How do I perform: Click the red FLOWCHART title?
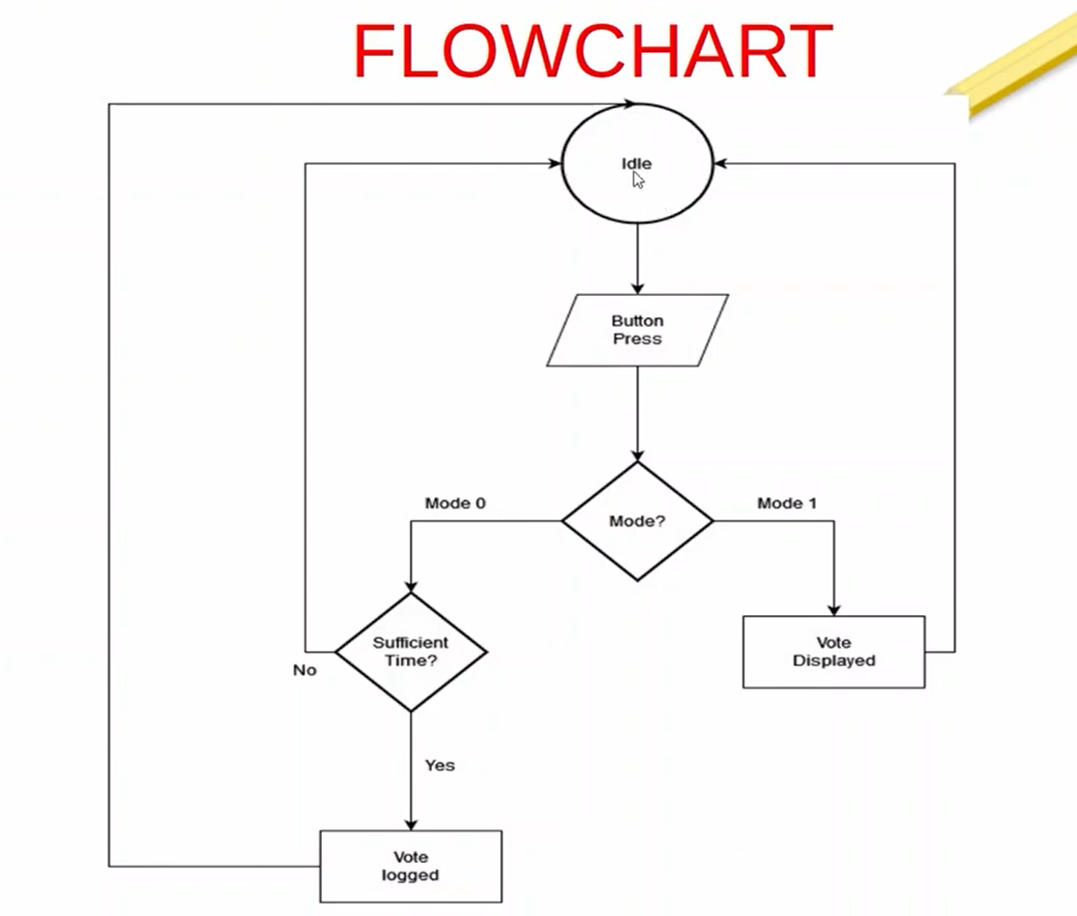coord(592,51)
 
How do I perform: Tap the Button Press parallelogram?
coord(637,331)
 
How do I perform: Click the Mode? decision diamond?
coord(637,522)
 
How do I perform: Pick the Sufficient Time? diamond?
coord(411,652)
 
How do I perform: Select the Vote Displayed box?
coord(833,652)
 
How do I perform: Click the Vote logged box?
coord(411,866)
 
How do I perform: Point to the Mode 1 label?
coord(787,503)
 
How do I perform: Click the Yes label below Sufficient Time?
coord(440,765)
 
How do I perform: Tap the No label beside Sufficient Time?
coord(305,669)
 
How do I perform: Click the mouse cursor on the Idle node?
coord(638,180)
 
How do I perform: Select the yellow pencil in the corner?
coord(1012,67)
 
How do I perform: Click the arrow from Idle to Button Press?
coord(637,258)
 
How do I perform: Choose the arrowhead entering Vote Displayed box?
coord(834,609)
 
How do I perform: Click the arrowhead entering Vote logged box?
coord(411,823)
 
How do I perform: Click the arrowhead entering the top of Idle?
coord(630,103)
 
